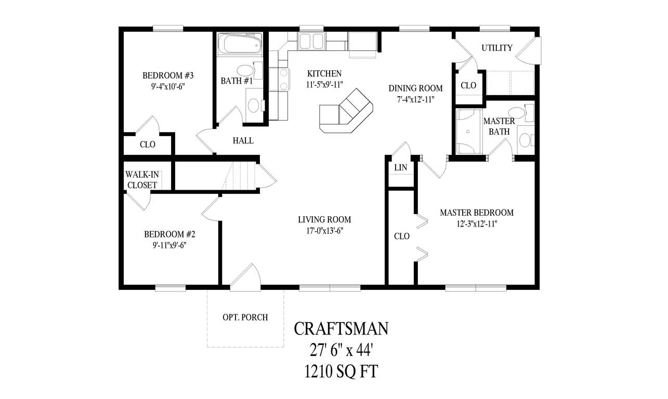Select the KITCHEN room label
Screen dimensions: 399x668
tap(324, 73)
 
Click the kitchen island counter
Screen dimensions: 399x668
tap(346, 111)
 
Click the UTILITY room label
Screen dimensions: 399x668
tap(496, 48)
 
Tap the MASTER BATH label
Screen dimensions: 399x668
tap(499, 126)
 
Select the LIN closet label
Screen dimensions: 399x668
tap(401, 168)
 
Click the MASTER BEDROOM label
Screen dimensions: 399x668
tap(476, 212)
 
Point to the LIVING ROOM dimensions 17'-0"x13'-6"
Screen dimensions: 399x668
tap(324, 230)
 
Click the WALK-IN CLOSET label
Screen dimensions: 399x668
tap(142, 180)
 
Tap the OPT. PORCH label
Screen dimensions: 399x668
tap(245, 317)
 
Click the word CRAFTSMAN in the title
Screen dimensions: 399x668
tap(341, 328)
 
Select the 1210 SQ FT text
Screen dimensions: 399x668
tap(342, 371)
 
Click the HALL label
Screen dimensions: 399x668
tap(243, 140)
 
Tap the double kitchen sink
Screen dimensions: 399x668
tap(311, 41)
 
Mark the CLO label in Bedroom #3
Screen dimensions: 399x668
tap(148, 144)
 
